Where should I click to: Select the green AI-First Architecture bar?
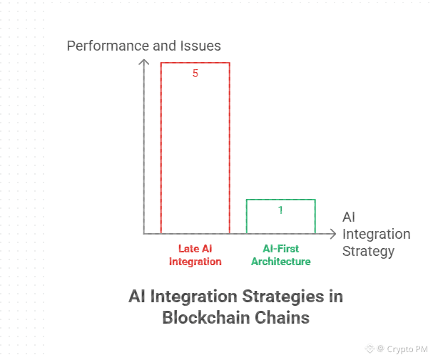pos(280,217)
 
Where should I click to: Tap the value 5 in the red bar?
pos(195,73)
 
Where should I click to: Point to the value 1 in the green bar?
pos(280,210)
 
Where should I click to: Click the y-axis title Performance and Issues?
pos(143,46)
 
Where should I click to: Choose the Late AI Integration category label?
pos(195,255)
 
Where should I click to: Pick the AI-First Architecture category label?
pos(280,255)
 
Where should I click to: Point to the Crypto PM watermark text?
pos(407,349)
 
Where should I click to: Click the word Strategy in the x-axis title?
pos(368,251)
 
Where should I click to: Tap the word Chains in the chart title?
pos(285,317)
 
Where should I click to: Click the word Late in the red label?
pos(188,249)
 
